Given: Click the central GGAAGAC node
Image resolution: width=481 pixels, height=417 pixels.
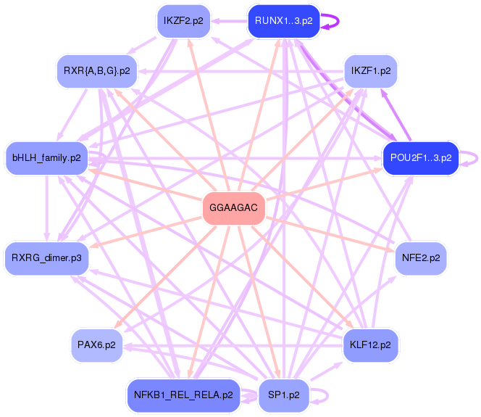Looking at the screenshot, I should coord(234,207).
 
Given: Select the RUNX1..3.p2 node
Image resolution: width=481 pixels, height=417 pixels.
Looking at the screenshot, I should coord(284,21).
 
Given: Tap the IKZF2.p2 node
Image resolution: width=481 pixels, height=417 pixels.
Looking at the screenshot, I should coord(183,20).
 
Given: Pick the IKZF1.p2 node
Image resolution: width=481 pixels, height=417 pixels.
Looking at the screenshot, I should coord(370,71).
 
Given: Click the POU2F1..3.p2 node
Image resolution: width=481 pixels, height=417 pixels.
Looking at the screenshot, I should coord(421,157).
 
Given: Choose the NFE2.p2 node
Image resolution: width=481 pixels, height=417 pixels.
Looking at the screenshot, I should coord(420,257).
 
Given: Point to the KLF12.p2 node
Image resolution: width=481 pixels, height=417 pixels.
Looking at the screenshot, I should coord(369,344).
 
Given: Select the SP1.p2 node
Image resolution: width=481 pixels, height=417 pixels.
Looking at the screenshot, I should coord(283,395).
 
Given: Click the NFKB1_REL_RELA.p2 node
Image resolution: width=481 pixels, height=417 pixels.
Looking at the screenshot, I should coord(183,395).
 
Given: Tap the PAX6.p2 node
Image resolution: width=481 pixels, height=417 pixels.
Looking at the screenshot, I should coord(96,344).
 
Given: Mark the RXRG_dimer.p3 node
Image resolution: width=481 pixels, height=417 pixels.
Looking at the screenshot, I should coord(46,257).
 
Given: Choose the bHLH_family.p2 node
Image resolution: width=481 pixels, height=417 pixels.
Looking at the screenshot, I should coord(46,157).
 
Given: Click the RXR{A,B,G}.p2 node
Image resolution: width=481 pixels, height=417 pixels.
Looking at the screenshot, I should coord(96,71).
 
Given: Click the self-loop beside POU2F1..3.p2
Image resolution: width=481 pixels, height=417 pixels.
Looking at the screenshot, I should coord(472,157).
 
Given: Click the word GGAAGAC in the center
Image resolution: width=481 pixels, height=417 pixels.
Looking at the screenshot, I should coord(234,207).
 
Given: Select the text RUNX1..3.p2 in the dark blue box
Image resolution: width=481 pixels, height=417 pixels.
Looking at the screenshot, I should coord(284,21).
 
